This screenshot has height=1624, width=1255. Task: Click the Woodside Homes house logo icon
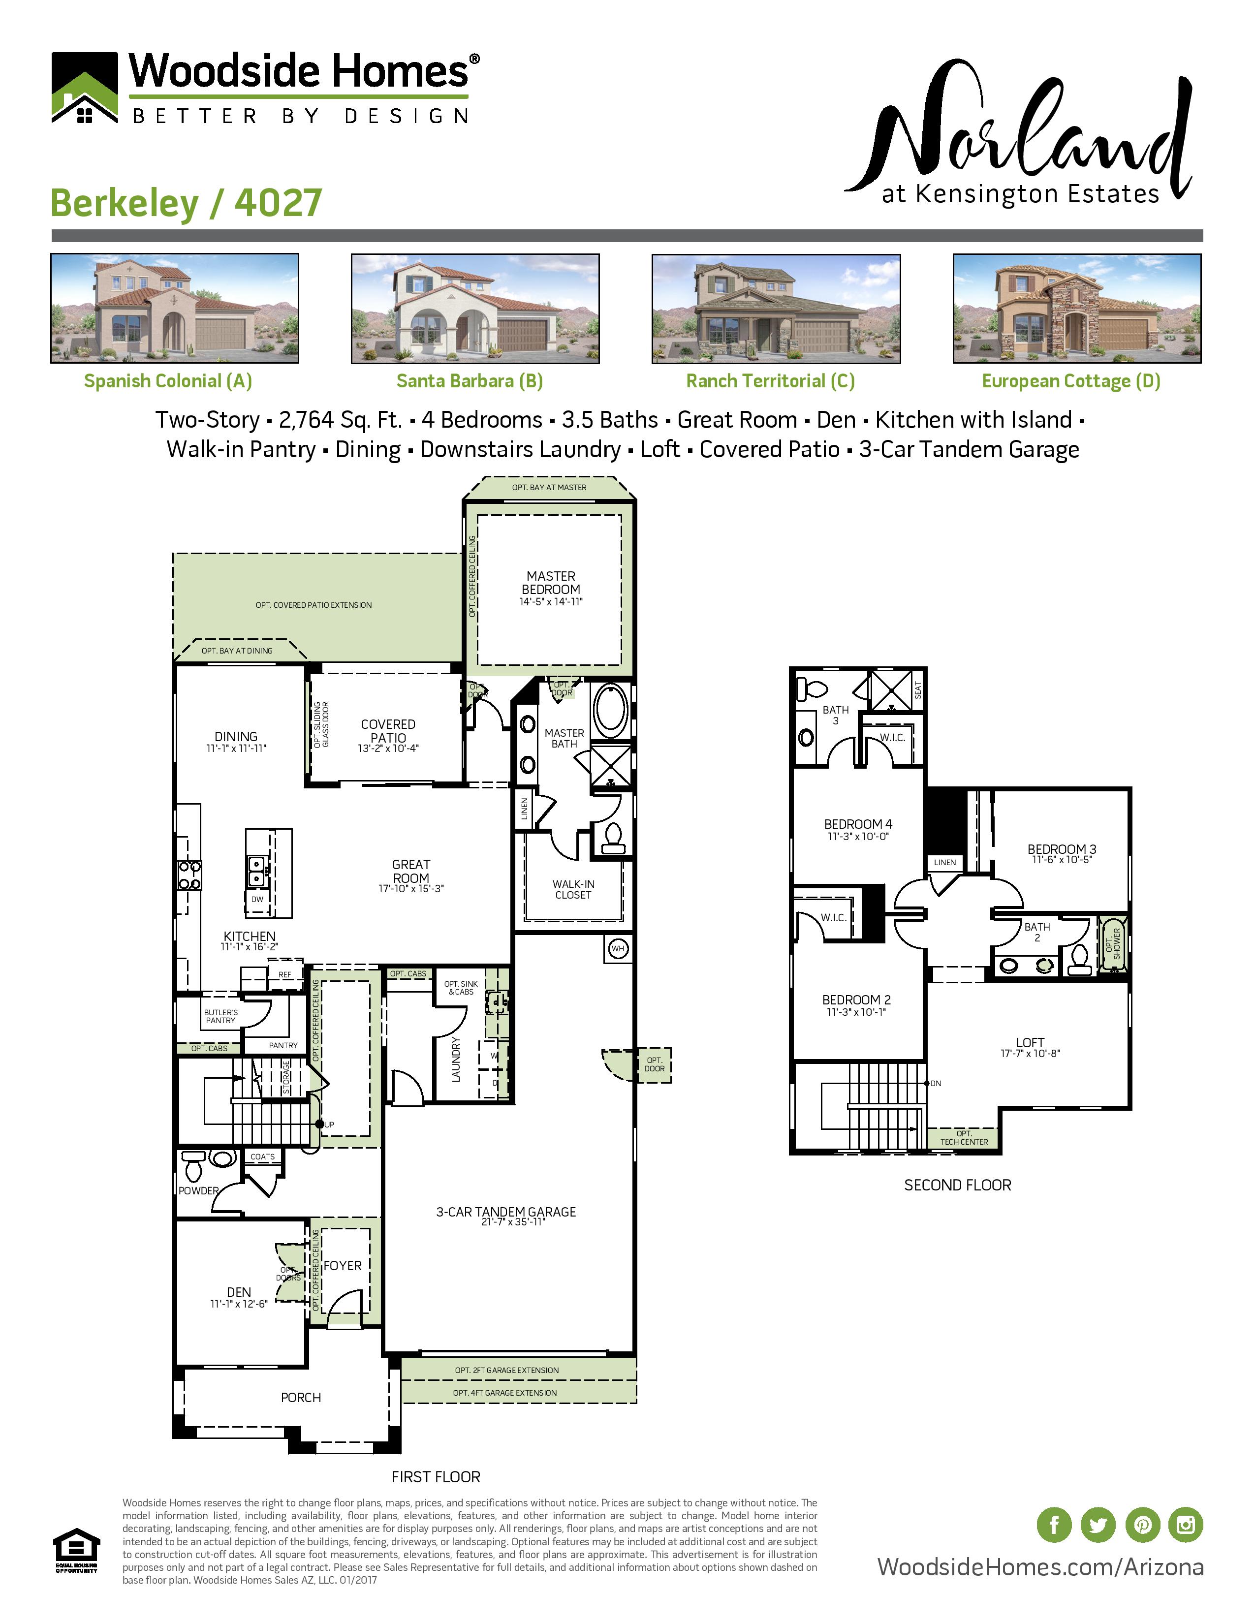[84, 88]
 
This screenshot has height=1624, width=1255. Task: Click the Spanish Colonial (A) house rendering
[175, 308]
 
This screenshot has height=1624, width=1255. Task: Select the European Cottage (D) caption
[1070, 381]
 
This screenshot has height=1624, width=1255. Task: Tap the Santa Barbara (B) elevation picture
[474, 309]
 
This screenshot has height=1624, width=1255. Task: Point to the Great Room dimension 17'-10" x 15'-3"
[410, 889]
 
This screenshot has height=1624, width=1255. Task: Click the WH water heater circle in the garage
[618, 948]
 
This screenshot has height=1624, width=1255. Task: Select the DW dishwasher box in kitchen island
[257, 899]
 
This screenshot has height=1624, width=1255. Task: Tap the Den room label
[239, 1292]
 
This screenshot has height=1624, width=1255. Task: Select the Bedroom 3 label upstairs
[1061, 849]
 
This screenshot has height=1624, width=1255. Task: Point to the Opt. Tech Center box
[964, 1138]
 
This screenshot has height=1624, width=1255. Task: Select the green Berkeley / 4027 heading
[186, 203]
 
